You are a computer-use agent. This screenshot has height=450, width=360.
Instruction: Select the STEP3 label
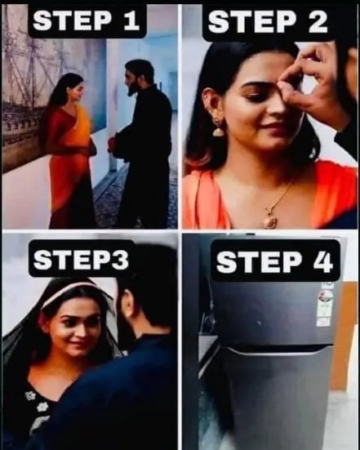[82, 259]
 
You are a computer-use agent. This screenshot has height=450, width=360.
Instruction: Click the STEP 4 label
[275, 262]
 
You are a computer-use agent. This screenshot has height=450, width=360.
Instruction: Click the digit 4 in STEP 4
[325, 262]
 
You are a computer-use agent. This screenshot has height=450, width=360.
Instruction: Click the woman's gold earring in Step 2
[218, 126]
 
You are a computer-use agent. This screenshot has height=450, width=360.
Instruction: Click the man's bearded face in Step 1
[135, 78]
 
